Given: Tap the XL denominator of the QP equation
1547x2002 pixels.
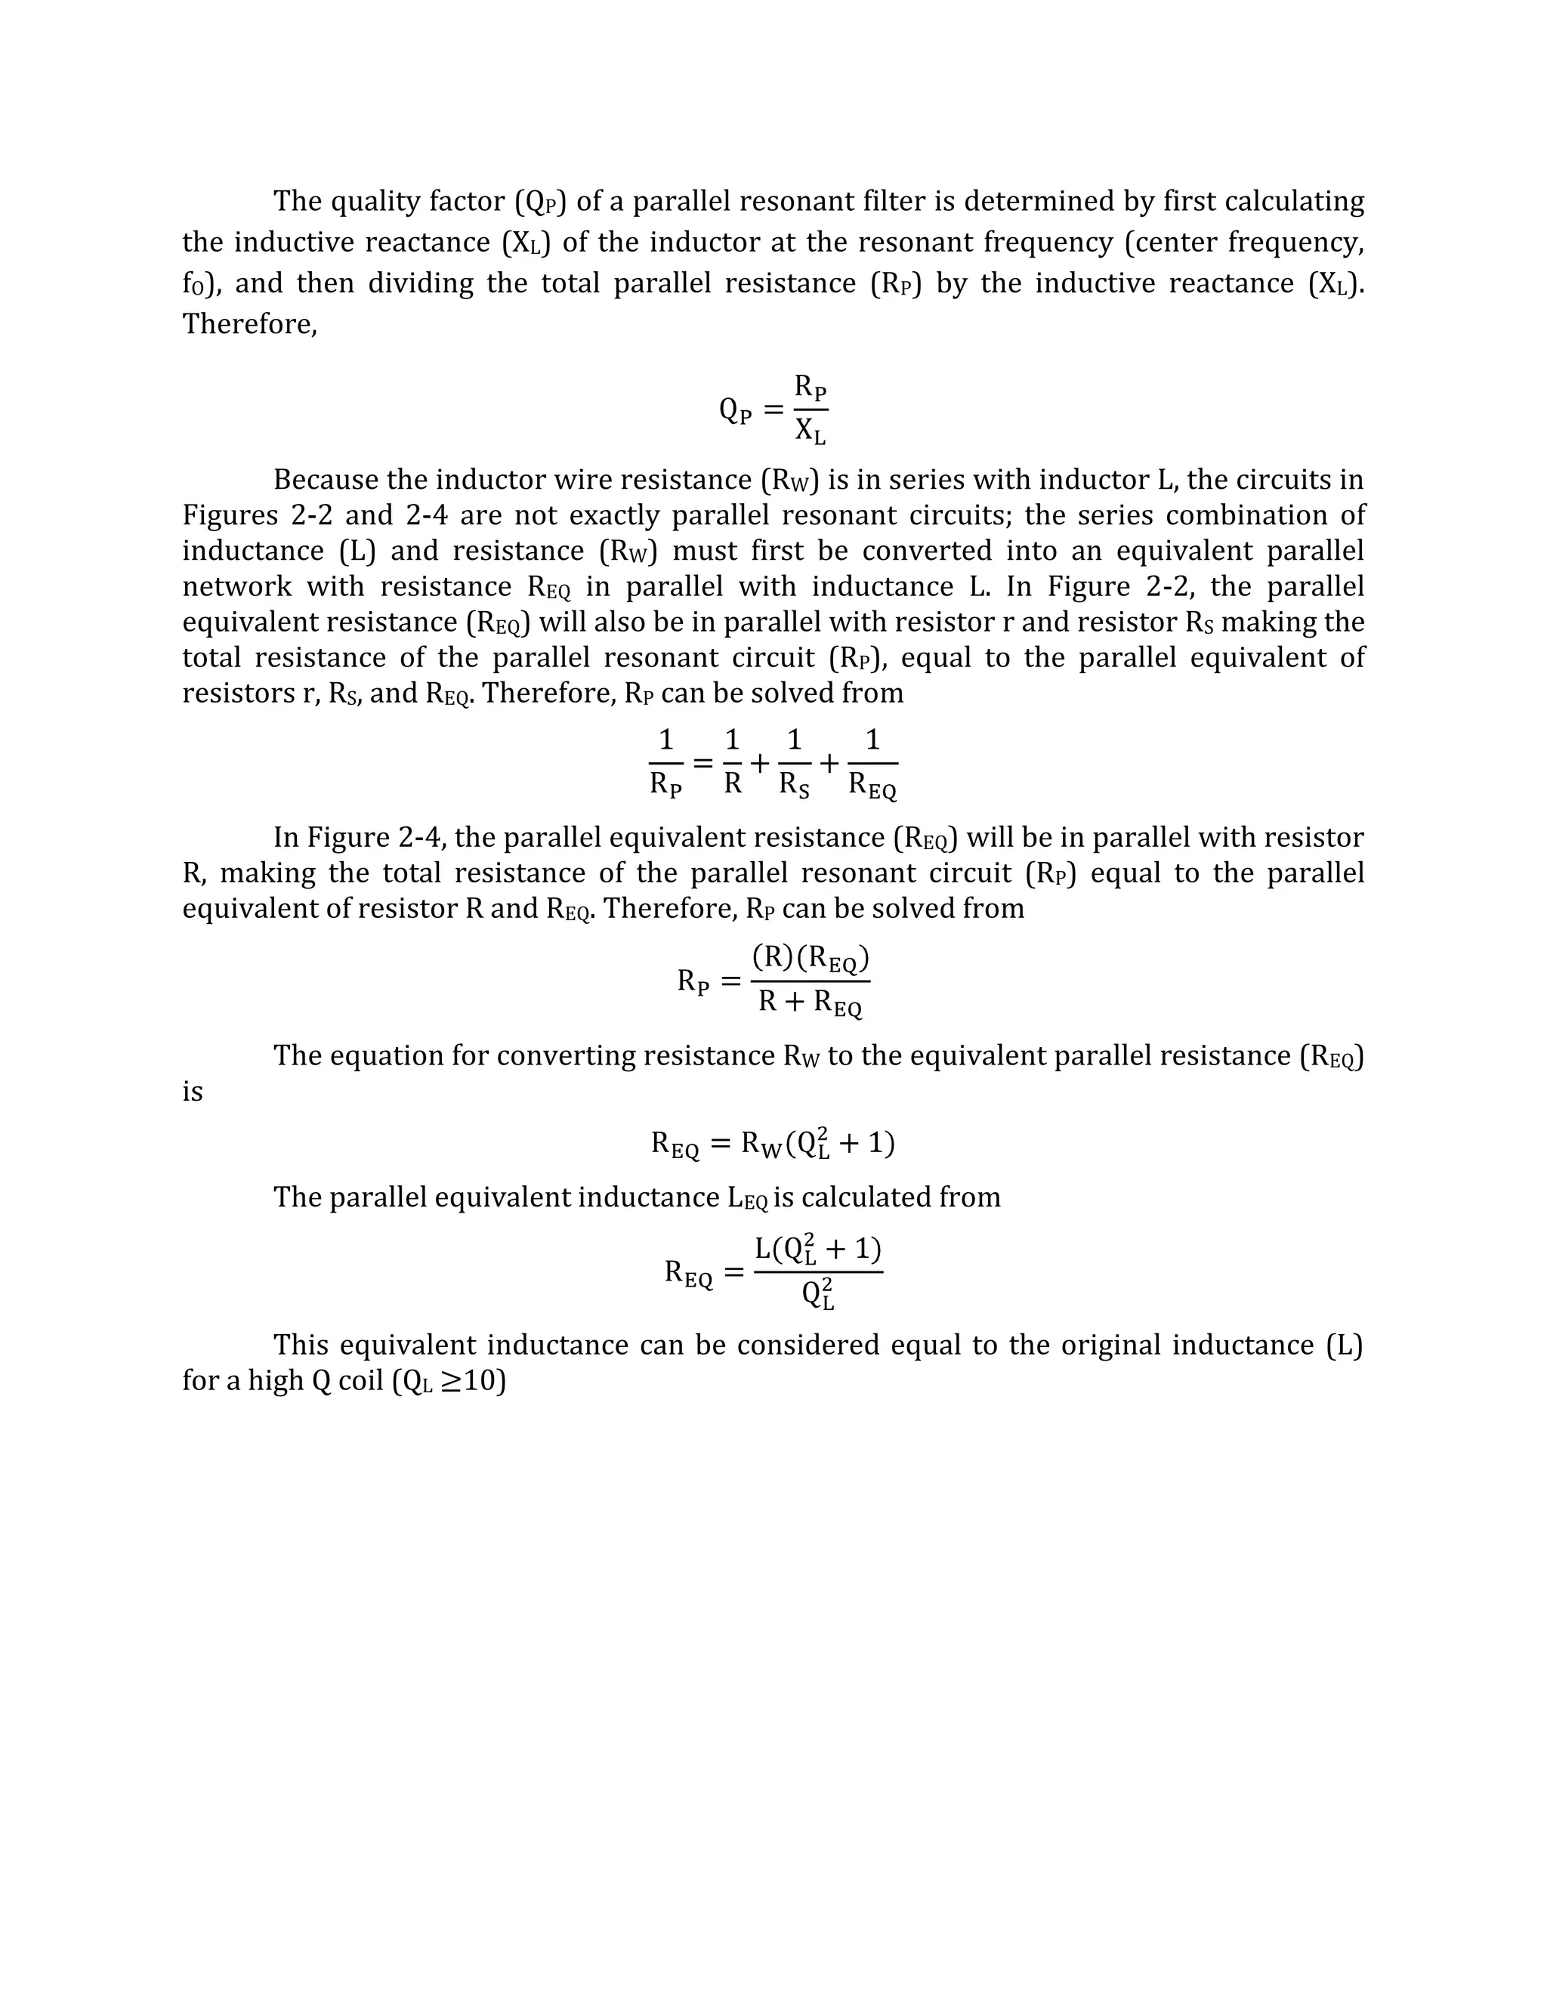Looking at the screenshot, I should click(x=811, y=431).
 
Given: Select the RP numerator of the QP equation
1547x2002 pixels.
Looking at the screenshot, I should click(x=811, y=388).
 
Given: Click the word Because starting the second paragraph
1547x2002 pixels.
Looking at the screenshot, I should click(x=328, y=480).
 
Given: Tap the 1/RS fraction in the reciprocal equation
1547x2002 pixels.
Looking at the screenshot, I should click(x=794, y=764).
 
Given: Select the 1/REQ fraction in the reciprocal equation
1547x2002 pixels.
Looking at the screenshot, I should click(x=872, y=764).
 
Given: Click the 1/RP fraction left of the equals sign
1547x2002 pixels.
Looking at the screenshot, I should click(x=666, y=764).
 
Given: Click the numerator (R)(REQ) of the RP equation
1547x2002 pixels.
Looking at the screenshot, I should click(x=811, y=959).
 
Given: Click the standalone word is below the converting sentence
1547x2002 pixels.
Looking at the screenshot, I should click(x=193, y=1092).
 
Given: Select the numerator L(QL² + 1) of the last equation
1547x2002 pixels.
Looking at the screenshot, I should click(x=817, y=1250).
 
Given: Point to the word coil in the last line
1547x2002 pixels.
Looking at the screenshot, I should click(x=360, y=1380).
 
